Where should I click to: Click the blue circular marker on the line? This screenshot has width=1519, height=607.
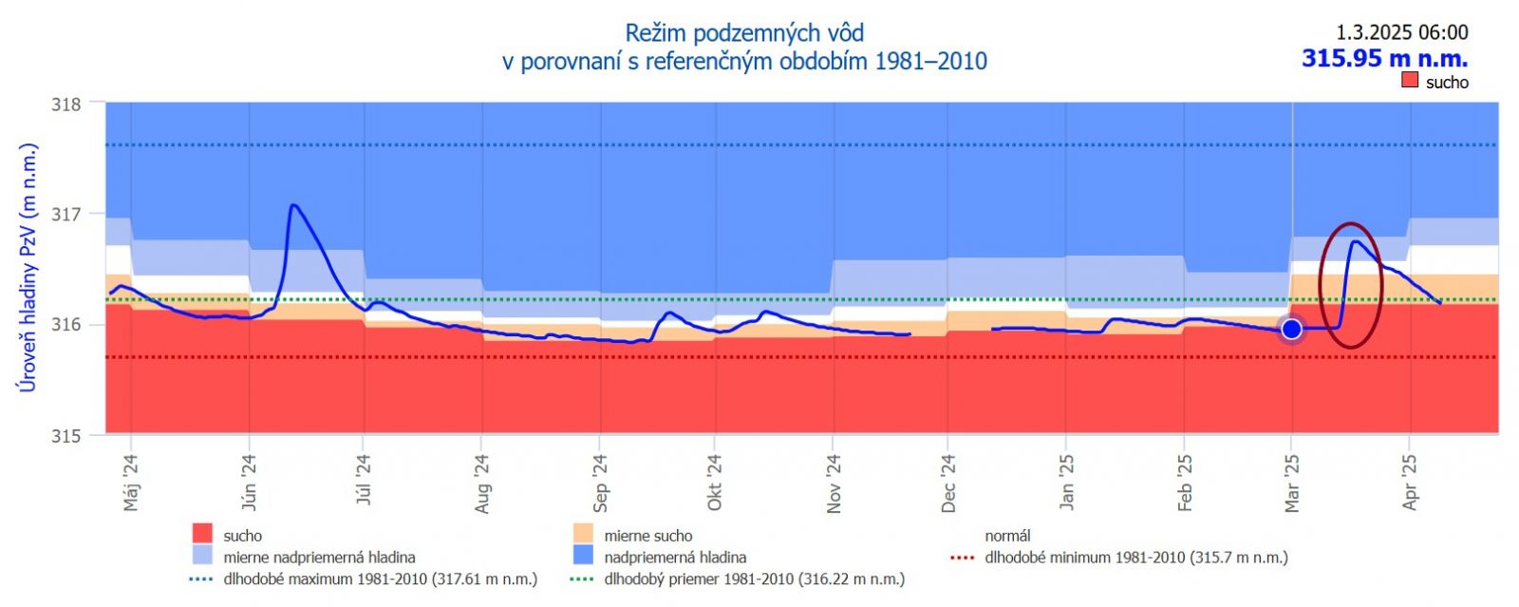(x=1291, y=329)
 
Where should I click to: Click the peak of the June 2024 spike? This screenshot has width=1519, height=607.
(x=292, y=205)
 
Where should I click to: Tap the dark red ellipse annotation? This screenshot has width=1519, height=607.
(x=1321, y=285)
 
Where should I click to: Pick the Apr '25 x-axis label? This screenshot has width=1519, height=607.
(x=1410, y=483)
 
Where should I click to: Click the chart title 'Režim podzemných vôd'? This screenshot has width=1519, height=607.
(x=744, y=33)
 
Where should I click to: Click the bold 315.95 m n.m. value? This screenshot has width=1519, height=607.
(x=1384, y=58)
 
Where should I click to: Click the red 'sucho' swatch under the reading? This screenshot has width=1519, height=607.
(x=1410, y=81)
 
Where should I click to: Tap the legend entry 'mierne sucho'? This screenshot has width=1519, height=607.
(x=647, y=536)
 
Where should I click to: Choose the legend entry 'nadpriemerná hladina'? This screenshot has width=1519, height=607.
(x=674, y=558)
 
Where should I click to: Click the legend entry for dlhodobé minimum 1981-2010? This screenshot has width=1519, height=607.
(x=1135, y=558)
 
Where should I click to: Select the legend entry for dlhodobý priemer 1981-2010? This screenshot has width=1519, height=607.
(x=754, y=579)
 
